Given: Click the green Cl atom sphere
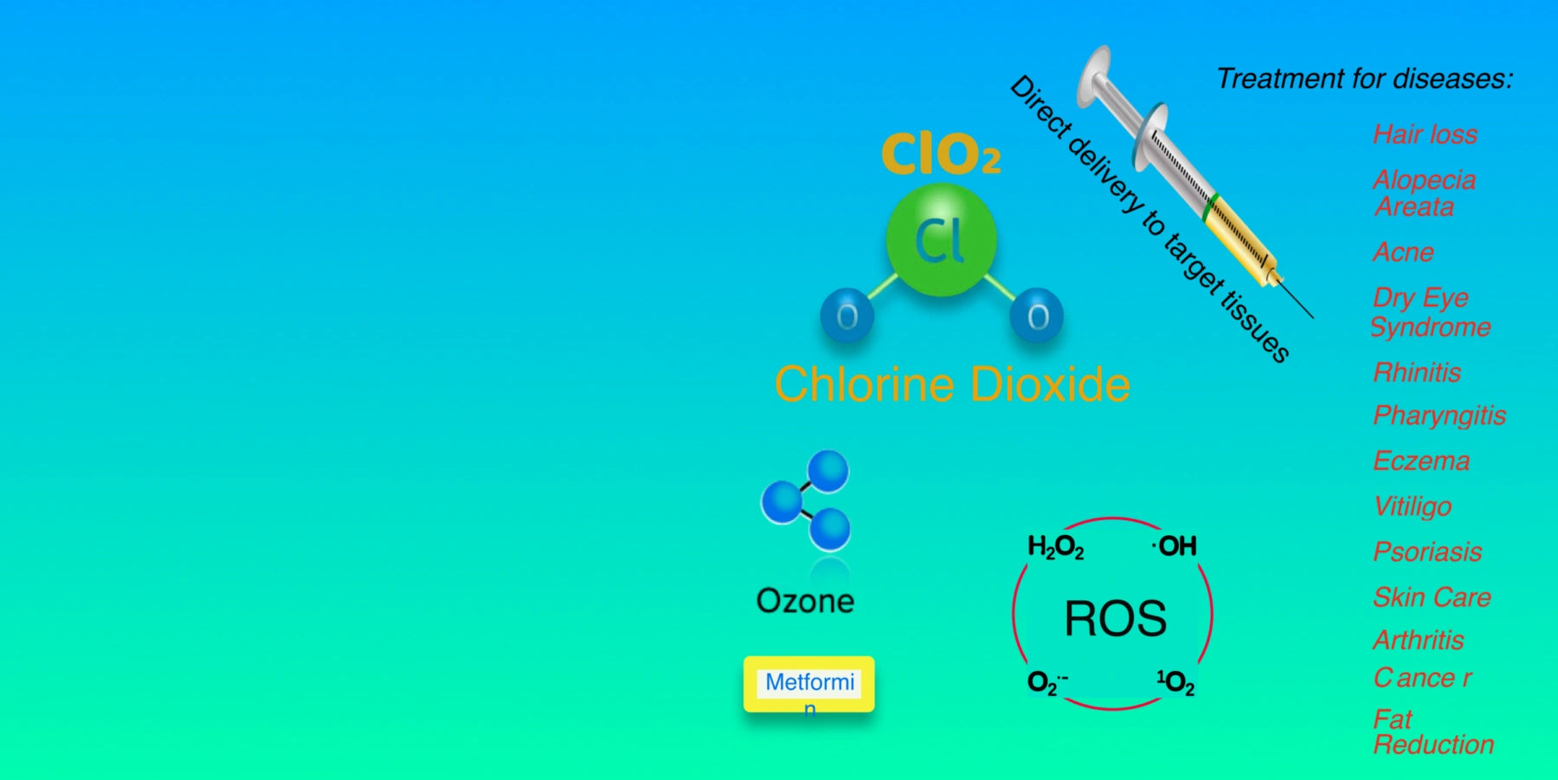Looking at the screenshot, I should pos(941,240).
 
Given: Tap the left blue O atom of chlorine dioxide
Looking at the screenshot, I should pos(847,316).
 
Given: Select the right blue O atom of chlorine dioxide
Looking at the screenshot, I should pos(1036,316).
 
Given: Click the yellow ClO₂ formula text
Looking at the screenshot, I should pos(941,155).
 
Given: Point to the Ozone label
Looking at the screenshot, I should pos(805,601).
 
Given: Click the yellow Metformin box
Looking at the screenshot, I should pos(808,684).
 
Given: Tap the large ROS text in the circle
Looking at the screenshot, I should pos(1115,619).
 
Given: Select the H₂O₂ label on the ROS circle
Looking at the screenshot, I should pos(1055,547).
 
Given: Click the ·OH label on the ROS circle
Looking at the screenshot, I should pos(1175,546).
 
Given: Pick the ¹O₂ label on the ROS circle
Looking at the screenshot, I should pos(1175,683).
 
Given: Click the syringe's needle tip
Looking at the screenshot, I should pos(1311,316).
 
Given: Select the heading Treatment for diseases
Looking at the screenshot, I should pos(1364,79).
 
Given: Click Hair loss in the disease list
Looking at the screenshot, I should pos(1425,134).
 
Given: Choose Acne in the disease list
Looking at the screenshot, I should pos(1403,252).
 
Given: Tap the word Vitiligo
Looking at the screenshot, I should pos(1413,506).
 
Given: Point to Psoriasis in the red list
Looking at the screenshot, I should pos(1427,551).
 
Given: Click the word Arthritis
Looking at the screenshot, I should pos(1419,640).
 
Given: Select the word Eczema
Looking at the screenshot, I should pos(1421,461).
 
